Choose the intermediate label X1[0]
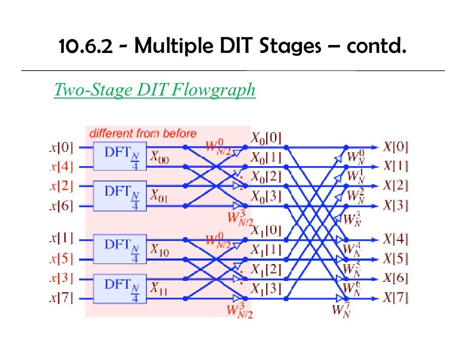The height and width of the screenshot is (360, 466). pos(266,230)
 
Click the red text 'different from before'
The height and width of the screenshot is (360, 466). pos(142,133)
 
